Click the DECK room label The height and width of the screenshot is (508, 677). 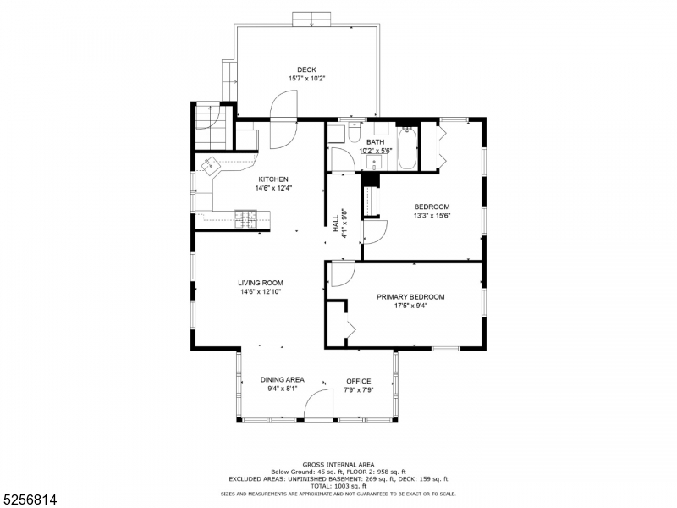pyautogui.click(x=306, y=69)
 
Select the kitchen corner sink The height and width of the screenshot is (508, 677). pyautogui.click(x=210, y=165)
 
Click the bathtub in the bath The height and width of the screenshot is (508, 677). pyautogui.click(x=407, y=148)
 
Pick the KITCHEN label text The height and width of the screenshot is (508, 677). pyautogui.click(x=273, y=179)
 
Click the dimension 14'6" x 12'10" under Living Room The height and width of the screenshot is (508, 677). pyautogui.click(x=260, y=292)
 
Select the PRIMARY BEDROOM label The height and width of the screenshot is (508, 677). pyautogui.click(x=410, y=297)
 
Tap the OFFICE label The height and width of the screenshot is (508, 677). pyautogui.click(x=359, y=381)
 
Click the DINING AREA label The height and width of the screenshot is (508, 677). pyautogui.click(x=282, y=380)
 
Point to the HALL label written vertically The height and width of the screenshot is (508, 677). pyautogui.click(x=336, y=224)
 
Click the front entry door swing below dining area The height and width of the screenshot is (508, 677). pyautogui.click(x=320, y=406)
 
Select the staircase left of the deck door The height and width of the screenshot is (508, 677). pyautogui.click(x=209, y=125)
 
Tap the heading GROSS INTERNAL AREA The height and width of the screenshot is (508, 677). pyautogui.click(x=338, y=465)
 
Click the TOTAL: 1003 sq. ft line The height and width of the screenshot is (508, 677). pyautogui.click(x=338, y=485)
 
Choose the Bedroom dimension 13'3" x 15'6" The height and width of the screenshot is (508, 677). pyautogui.click(x=431, y=216)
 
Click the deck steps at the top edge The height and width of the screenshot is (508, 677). pyautogui.click(x=311, y=19)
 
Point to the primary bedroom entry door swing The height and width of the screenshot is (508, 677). pyautogui.click(x=341, y=274)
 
